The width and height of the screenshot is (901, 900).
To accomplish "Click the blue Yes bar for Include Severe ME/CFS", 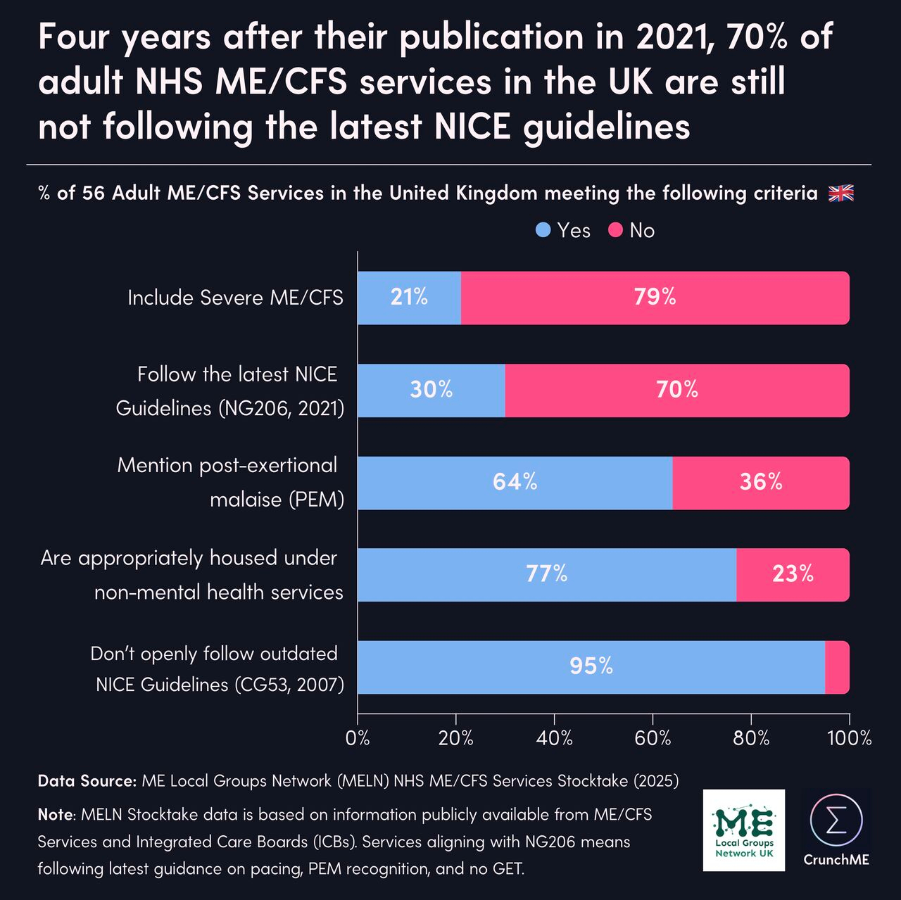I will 409,298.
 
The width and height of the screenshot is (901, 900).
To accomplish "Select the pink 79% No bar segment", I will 655,298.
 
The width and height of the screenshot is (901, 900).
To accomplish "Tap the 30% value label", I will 431,390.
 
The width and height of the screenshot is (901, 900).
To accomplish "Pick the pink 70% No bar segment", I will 676,390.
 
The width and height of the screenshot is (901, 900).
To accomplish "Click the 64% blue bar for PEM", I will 515,483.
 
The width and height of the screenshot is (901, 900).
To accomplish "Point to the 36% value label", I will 761,482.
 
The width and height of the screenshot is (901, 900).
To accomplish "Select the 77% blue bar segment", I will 546,575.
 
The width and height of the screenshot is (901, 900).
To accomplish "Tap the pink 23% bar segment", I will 793,575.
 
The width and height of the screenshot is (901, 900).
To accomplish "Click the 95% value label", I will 591,666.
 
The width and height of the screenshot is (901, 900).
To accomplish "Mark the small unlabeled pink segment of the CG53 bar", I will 837,667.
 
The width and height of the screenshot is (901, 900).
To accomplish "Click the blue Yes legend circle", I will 543,230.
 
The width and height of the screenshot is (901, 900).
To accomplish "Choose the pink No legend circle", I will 616,230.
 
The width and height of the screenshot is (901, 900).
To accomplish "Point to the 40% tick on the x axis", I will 554,739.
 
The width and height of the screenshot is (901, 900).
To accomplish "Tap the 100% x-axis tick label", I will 850,739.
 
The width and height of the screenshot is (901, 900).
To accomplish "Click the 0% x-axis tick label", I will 358,739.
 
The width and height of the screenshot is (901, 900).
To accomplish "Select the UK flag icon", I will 841,194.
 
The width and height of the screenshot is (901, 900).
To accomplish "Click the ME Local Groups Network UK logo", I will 744,830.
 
